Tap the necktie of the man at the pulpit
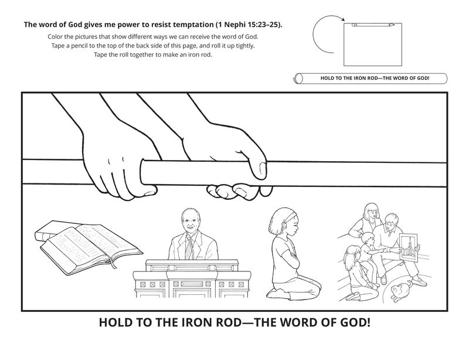coord(189,248)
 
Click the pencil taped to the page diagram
coord(373,25)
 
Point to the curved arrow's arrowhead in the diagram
coord(342,20)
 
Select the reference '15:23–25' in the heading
coord(263,25)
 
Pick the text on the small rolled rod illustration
coord(375,79)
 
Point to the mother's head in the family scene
coord(371,212)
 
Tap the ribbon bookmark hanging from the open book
coord(113,263)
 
